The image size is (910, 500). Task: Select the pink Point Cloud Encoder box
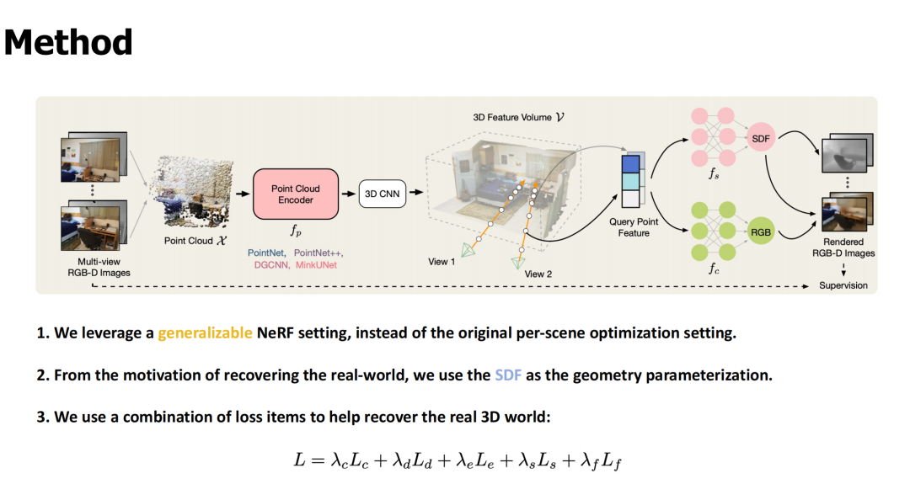(x=295, y=194)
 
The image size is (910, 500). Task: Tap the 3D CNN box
(x=382, y=194)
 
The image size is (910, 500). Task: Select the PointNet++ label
(x=318, y=253)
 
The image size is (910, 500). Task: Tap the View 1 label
(x=442, y=262)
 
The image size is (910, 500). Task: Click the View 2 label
(x=538, y=274)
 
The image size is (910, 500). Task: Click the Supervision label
(x=843, y=285)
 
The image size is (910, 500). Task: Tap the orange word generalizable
(x=205, y=332)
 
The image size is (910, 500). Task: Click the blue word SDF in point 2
(x=508, y=375)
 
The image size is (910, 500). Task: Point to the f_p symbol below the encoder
(x=297, y=230)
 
